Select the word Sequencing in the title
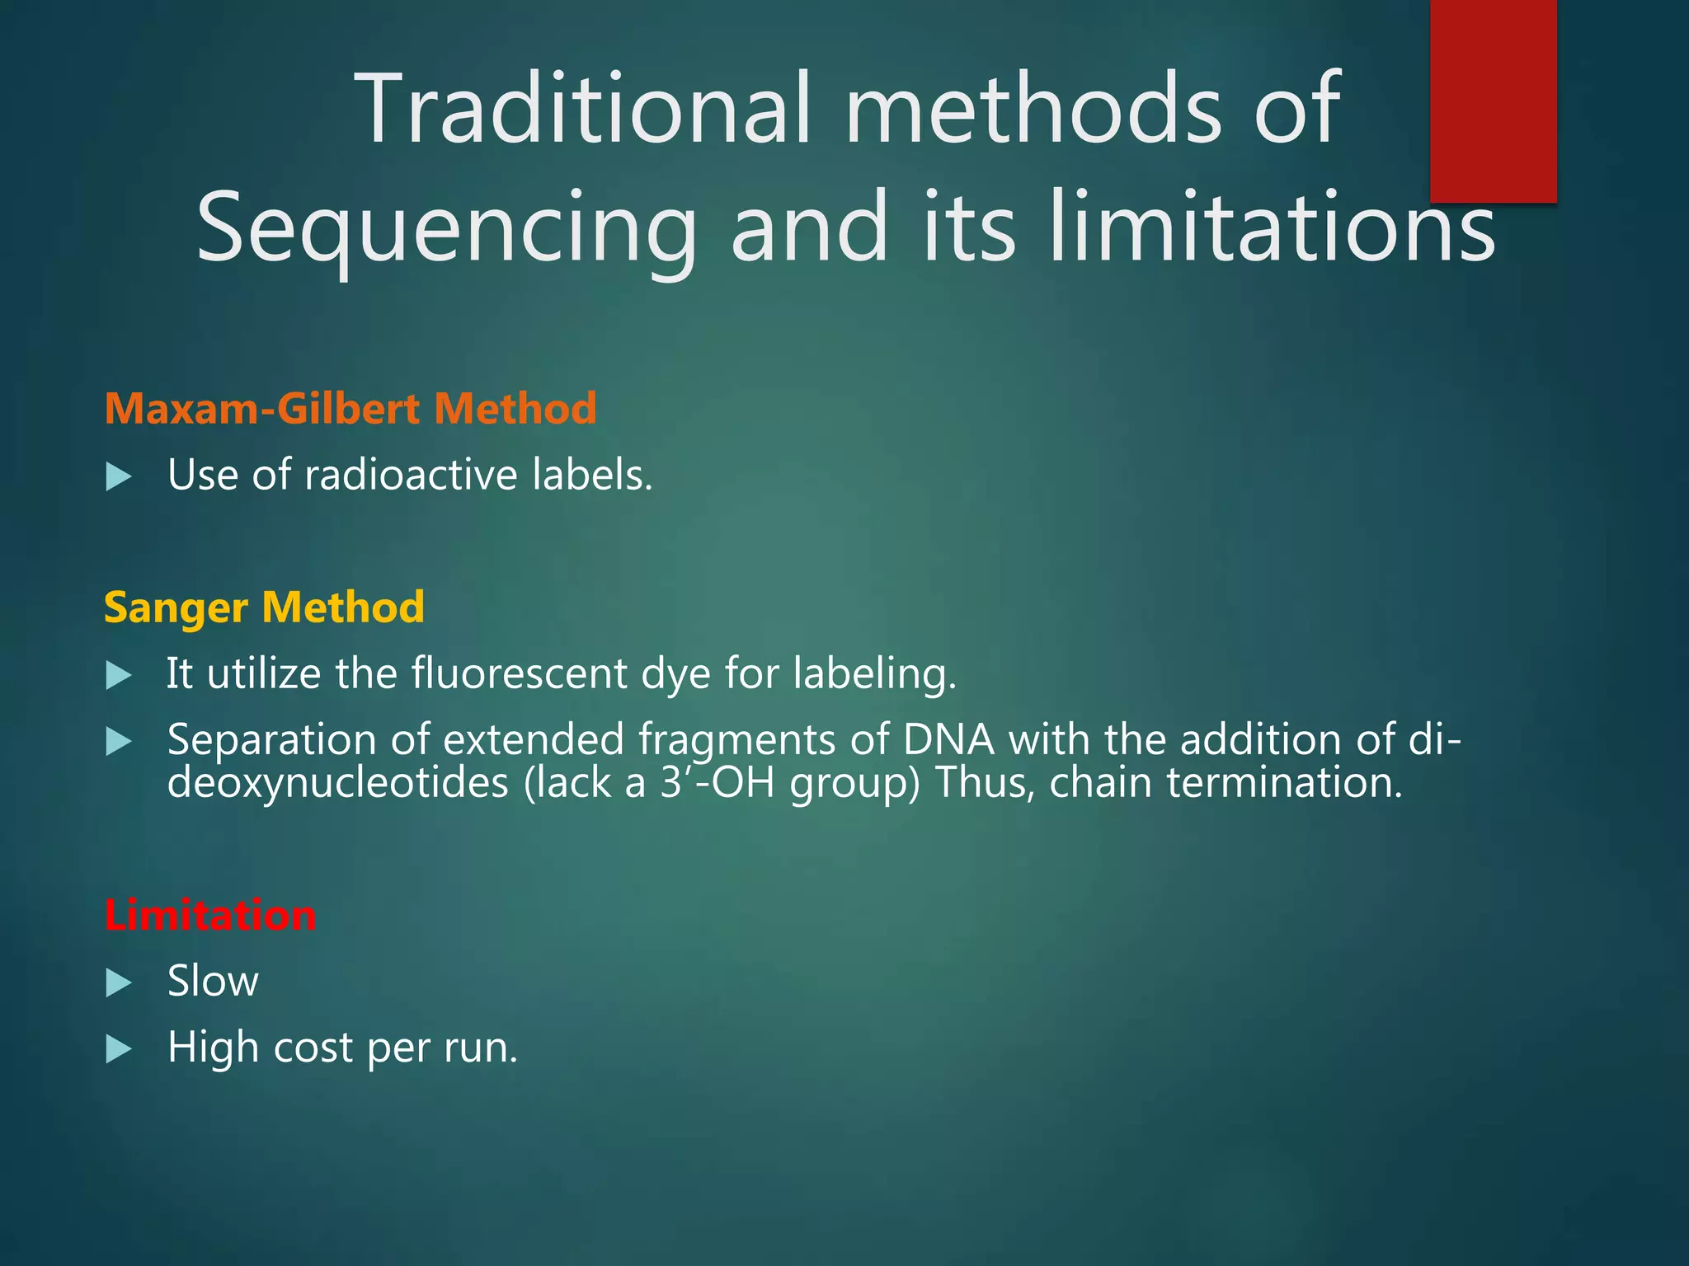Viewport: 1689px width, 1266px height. click(446, 228)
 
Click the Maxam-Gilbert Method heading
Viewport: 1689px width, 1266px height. click(351, 409)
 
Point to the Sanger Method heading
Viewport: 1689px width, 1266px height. click(264, 607)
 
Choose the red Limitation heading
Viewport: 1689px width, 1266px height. click(210, 916)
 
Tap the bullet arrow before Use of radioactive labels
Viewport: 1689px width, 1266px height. click(120, 476)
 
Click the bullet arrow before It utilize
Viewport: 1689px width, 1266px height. click(120, 676)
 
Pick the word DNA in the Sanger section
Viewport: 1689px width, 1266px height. click(948, 739)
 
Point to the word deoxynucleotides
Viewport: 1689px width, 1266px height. click(337, 782)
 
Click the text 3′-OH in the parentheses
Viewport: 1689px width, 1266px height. click(717, 782)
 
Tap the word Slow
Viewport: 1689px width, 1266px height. click(213, 982)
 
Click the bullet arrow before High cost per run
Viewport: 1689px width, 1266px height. click(120, 1049)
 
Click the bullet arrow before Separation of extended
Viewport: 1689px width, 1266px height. click(120, 742)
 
